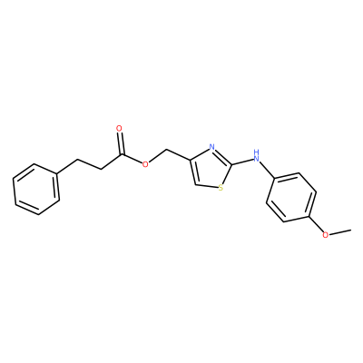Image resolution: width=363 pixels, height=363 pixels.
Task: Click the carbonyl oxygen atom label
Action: click(x=120, y=129)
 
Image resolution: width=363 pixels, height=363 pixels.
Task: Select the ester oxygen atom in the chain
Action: click(x=145, y=164)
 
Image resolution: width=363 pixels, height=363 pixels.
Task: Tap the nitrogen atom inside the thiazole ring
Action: click(x=212, y=148)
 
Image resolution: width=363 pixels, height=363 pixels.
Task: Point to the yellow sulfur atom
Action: click(x=221, y=188)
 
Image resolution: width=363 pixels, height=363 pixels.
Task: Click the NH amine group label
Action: click(x=257, y=155)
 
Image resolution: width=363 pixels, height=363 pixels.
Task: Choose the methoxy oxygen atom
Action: click(x=325, y=235)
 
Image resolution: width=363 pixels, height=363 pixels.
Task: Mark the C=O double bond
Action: click(x=121, y=144)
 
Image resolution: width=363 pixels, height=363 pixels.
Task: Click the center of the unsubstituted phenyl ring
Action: click(x=36, y=190)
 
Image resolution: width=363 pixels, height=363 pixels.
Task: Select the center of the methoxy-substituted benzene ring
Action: click(x=291, y=198)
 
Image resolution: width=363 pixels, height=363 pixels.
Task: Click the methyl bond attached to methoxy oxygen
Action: click(x=340, y=232)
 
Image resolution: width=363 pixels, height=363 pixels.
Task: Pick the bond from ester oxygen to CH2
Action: click(x=158, y=156)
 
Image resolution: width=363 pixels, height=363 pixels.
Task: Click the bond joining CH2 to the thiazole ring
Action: click(x=179, y=154)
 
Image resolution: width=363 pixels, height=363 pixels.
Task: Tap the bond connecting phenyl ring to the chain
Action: click(x=67, y=166)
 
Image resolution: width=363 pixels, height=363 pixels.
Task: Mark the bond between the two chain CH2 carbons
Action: click(x=89, y=163)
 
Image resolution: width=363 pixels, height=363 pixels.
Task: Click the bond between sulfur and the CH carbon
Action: click(x=206, y=185)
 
